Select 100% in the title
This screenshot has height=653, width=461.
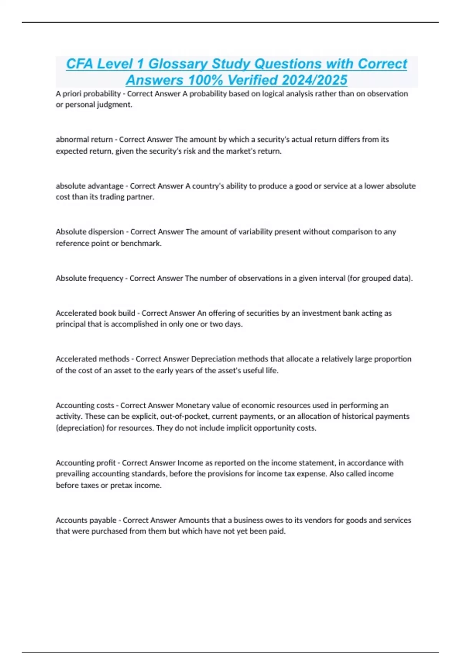click(x=205, y=80)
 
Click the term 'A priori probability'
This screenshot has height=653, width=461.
click(x=88, y=94)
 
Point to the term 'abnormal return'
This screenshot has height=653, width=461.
click(x=84, y=139)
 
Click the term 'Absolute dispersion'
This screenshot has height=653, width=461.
click(x=90, y=232)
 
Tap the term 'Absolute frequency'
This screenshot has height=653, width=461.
click(x=89, y=278)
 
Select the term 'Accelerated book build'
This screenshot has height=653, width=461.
click(x=95, y=313)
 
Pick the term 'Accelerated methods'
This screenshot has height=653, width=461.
click(x=92, y=359)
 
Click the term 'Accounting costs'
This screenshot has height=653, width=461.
click(x=85, y=405)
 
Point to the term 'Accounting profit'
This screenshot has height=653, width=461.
click(x=85, y=463)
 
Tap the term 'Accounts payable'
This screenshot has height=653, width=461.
click(x=86, y=520)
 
